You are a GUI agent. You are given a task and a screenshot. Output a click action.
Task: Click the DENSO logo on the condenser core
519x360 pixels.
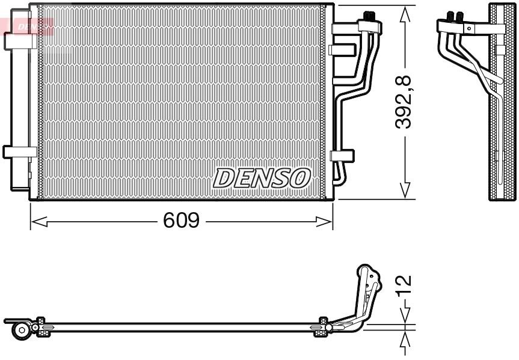tap(262, 177)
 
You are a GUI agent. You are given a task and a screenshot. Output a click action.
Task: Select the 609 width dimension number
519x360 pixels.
tap(181, 221)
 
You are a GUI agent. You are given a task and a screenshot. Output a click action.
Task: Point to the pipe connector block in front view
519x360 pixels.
tap(370, 25)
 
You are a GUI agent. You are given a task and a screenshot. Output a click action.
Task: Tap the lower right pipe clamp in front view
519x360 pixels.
tap(341, 155)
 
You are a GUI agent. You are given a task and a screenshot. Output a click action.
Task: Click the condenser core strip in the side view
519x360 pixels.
tap(502, 102)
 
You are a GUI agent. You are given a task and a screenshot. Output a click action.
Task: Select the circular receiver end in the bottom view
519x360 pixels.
tap(22, 329)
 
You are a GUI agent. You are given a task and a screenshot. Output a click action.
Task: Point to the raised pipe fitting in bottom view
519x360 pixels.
tap(367, 282)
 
